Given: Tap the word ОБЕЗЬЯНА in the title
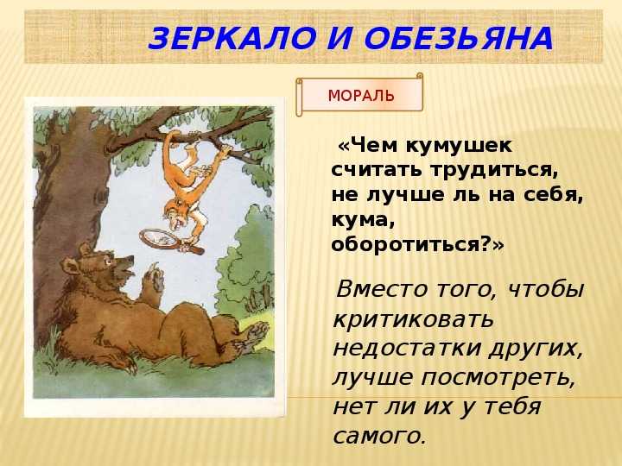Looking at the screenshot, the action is [x=458, y=39].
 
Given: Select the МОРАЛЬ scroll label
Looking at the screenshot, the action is [x=360, y=96].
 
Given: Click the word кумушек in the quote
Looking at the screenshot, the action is [x=459, y=146].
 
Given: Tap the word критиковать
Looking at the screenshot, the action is [x=413, y=319].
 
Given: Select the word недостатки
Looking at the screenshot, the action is [x=407, y=349].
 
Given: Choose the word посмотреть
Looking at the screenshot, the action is [x=498, y=378].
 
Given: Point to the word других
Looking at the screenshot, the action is [x=535, y=349].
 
